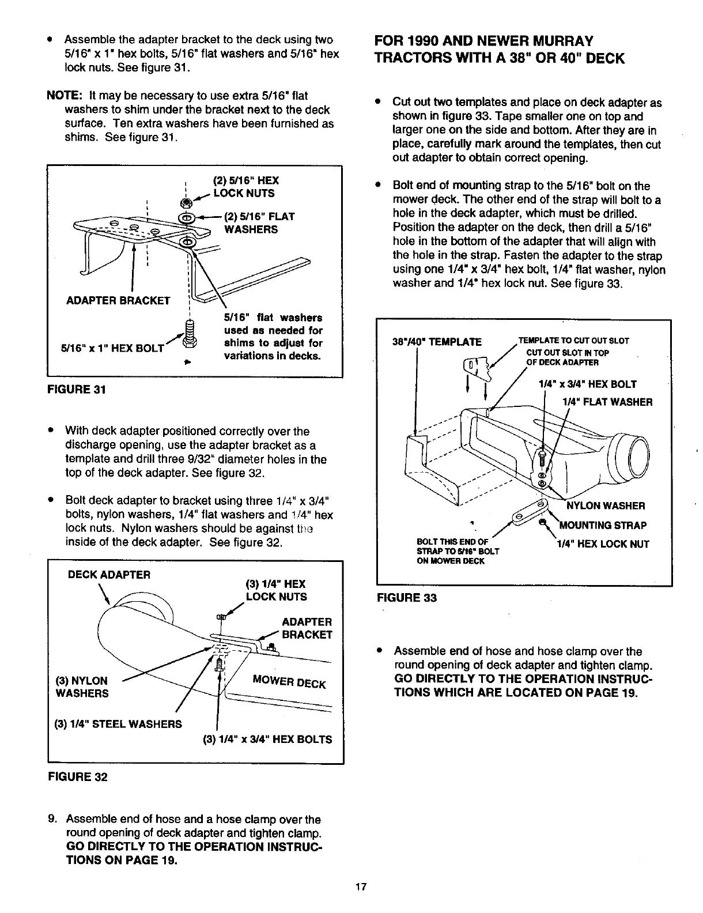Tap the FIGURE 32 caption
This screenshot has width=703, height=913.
click(x=77, y=776)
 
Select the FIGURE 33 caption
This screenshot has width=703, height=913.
click(x=406, y=598)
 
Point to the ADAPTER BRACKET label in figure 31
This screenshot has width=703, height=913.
click(x=118, y=300)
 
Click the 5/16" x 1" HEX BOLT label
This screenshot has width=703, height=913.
click(x=112, y=348)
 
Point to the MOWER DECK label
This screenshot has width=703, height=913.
click(x=289, y=681)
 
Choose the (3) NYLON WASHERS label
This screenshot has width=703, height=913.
click(x=82, y=687)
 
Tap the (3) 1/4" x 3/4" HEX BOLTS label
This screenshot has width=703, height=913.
click(x=267, y=739)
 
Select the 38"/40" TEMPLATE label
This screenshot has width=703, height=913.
click(x=436, y=342)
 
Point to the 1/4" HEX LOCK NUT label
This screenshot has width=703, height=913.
click(x=603, y=544)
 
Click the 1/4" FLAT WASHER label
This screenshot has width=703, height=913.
click(x=607, y=402)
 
